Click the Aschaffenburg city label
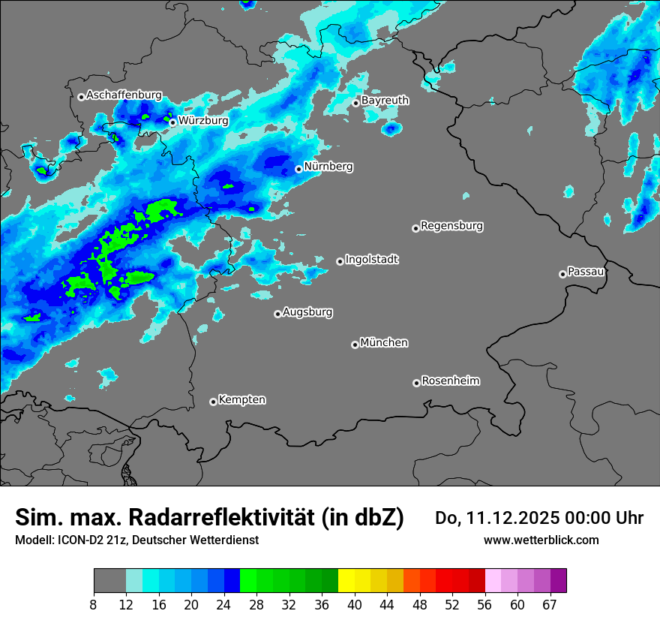pyautogui.click(x=124, y=95)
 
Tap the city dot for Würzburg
pyautogui.click(x=172, y=122)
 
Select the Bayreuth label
pyautogui.click(x=385, y=101)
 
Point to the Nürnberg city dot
pyautogui.click(x=298, y=169)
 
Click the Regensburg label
pyautogui.click(x=451, y=226)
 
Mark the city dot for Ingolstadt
pyautogui.click(x=340, y=261)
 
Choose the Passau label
pyautogui.click(x=586, y=272)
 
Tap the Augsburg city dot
pyautogui.click(x=277, y=314)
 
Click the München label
pyautogui.click(x=384, y=343)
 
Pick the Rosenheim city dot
pyautogui.click(x=416, y=384)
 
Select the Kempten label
pyautogui.click(x=241, y=400)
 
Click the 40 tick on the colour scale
pyautogui.click(x=355, y=604)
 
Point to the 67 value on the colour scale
pyautogui.click(x=550, y=604)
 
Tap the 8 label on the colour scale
pyautogui.click(x=94, y=604)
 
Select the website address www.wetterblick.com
pyautogui.click(x=541, y=540)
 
